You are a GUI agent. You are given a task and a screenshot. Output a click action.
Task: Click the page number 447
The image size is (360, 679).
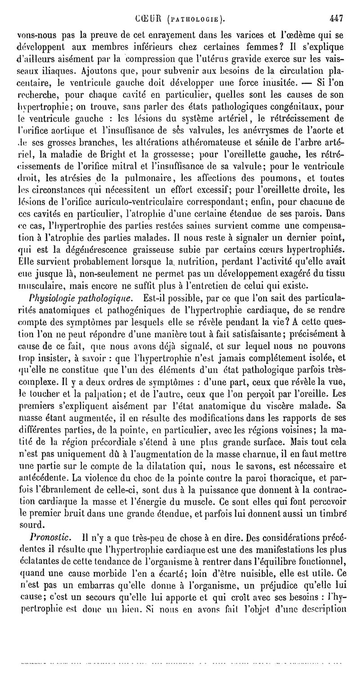coord(336,19)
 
